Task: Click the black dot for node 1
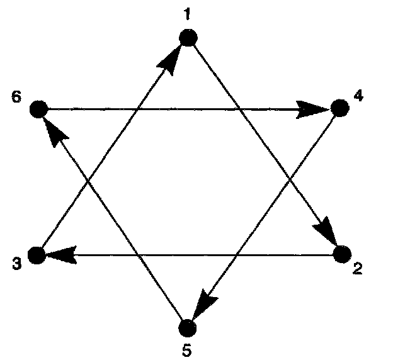pos(188,38)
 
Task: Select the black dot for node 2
pos(341,254)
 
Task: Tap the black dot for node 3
pos(37,255)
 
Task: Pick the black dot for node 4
pos(339,109)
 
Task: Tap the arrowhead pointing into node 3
pos(60,255)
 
